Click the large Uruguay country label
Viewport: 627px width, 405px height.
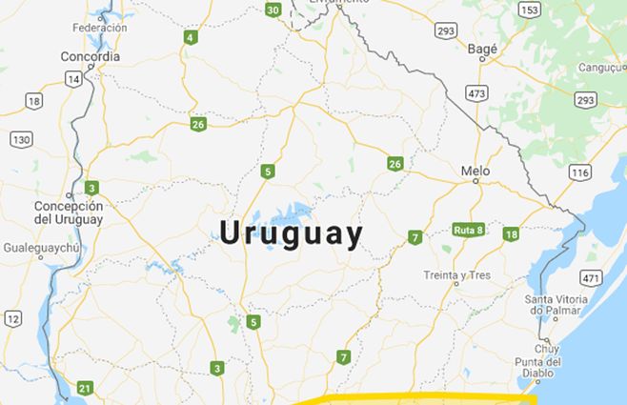(x=292, y=234)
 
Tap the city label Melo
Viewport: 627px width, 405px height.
(x=475, y=172)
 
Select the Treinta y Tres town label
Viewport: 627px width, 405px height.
(x=457, y=276)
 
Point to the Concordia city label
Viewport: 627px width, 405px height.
(x=91, y=56)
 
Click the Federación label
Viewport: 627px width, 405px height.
(x=99, y=28)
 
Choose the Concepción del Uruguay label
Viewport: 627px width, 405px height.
(x=68, y=213)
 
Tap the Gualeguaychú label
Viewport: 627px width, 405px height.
(x=39, y=246)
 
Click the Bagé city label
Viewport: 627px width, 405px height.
(x=482, y=47)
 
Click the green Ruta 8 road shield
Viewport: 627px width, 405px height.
(x=467, y=230)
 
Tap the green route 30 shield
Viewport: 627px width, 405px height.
(x=273, y=10)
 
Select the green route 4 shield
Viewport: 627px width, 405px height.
(x=192, y=38)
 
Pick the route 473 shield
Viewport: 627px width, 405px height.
(x=477, y=93)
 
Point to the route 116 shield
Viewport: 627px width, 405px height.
(x=578, y=172)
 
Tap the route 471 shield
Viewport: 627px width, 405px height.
(x=591, y=278)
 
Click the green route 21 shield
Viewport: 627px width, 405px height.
(x=85, y=388)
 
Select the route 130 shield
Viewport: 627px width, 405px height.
(x=21, y=139)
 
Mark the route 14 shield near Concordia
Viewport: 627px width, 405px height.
(x=72, y=80)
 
